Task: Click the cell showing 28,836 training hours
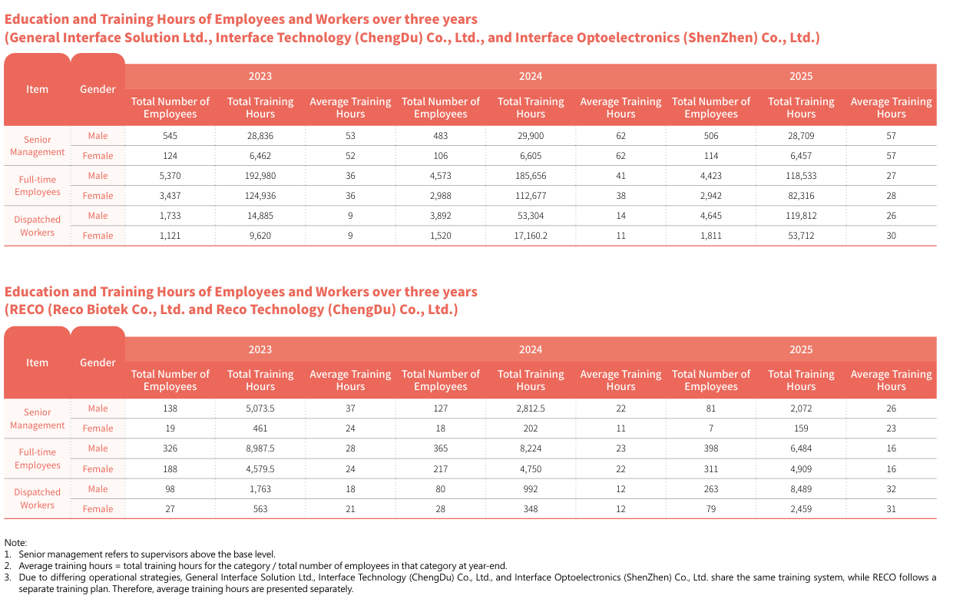pyautogui.click(x=260, y=136)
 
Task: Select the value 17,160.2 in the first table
pyautogui.click(x=531, y=235)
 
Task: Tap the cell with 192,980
pyautogui.click(x=260, y=176)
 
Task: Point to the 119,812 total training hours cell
pyautogui.click(x=801, y=216)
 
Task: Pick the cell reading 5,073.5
pyautogui.click(x=260, y=409)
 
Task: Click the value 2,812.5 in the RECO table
pyautogui.click(x=531, y=409)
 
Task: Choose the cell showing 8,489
pyautogui.click(x=801, y=488)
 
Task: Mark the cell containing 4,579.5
pyautogui.click(x=260, y=468)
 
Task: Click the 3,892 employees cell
pyautogui.click(x=440, y=216)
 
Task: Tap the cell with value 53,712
pyautogui.click(x=801, y=235)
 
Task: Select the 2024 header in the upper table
pyautogui.click(x=531, y=76)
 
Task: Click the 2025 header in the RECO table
pyautogui.click(x=801, y=349)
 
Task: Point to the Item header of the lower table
pyautogui.click(x=37, y=362)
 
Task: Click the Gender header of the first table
pyautogui.click(x=98, y=89)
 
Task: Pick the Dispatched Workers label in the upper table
pyautogui.click(x=37, y=226)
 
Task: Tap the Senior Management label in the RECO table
pyautogui.click(x=37, y=418)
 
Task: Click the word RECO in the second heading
pyautogui.click(x=27, y=309)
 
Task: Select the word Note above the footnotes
pyautogui.click(x=15, y=543)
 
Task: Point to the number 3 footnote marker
pyautogui.click(x=7, y=577)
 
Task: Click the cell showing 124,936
pyautogui.click(x=260, y=196)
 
